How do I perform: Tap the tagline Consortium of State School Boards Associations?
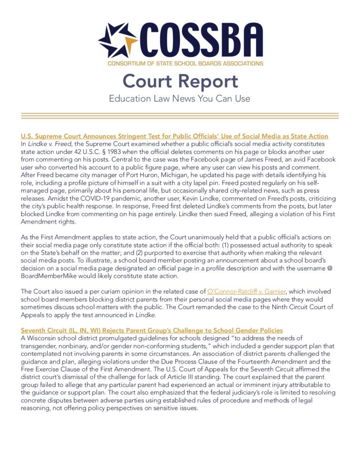185,63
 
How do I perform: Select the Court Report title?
180,81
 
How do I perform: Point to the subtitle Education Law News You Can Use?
180,98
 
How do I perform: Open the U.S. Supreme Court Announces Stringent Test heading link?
175,136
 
